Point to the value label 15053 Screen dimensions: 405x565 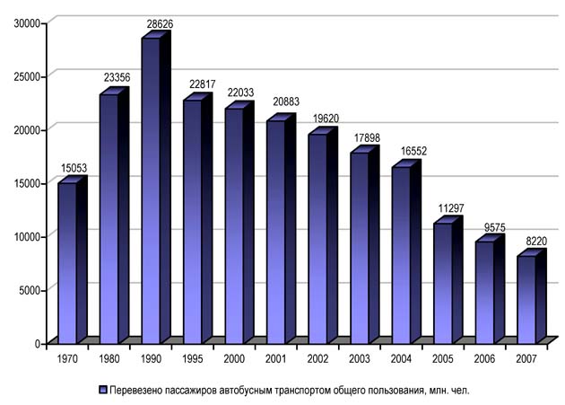74,167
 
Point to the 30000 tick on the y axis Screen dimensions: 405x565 30,22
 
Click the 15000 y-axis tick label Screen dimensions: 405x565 30,183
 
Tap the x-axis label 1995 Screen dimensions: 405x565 193,358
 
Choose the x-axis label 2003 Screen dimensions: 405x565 361,358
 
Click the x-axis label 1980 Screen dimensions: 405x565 109,358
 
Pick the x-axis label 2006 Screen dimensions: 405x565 486,358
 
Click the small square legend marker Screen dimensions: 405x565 104,390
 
